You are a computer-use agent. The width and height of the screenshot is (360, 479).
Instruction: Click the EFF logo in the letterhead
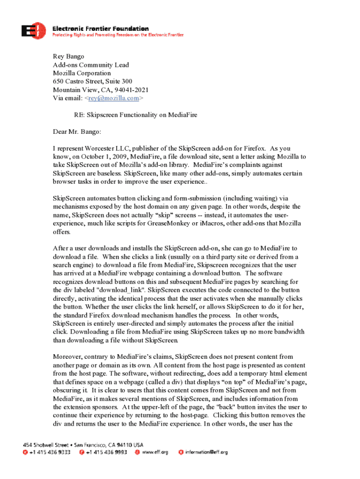pyautogui.click(x=34, y=31)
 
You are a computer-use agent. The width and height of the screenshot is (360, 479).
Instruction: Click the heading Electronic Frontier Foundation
pyautogui.click(x=100, y=29)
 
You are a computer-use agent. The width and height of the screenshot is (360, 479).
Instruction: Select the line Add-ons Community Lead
pyautogui.click(x=91, y=65)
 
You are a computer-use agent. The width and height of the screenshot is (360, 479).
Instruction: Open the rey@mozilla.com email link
pyautogui.click(x=114, y=98)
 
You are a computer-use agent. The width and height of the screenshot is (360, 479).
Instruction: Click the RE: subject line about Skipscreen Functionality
pyautogui.click(x=133, y=115)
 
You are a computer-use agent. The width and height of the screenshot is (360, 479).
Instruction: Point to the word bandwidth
pyautogui.click(x=288, y=332)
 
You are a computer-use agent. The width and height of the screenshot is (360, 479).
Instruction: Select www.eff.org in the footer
pyautogui.click(x=155, y=452)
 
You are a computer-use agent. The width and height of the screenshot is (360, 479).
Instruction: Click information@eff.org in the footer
pyautogui.click(x=206, y=452)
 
